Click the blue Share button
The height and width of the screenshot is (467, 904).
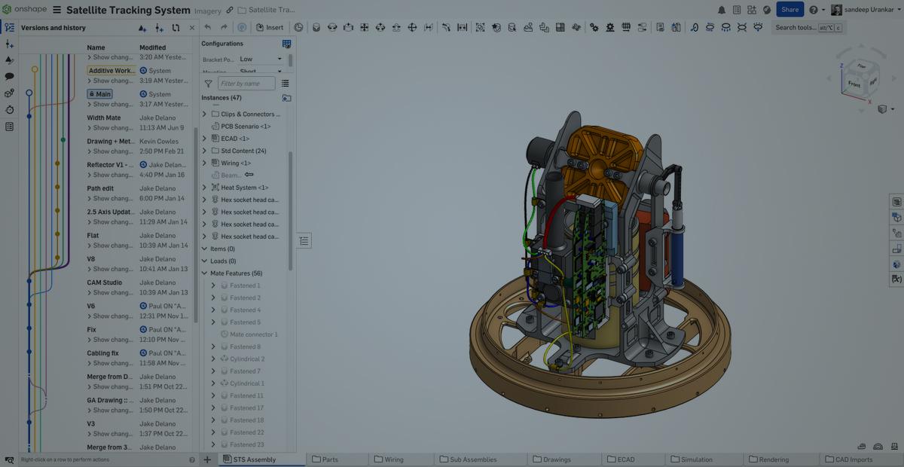point(789,10)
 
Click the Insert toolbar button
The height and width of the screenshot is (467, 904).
point(270,28)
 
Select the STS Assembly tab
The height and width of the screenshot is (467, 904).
point(254,459)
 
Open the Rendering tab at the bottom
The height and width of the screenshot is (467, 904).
point(774,459)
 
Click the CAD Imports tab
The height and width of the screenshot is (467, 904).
point(852,459)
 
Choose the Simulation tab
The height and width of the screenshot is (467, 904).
point(696,459)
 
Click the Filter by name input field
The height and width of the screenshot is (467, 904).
point(246,84)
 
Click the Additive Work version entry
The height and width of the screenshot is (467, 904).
point(111,71)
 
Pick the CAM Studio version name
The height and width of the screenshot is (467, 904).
point(105,282)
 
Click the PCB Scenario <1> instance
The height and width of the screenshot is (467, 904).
point(246,127)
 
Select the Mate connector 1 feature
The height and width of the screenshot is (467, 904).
point(253,334)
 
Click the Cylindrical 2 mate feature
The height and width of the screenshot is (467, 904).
point(246,359)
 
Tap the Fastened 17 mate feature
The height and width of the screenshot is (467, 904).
point(246,408)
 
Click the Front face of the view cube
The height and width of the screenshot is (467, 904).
point(854,84)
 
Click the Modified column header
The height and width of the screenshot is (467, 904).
point(152,47)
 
